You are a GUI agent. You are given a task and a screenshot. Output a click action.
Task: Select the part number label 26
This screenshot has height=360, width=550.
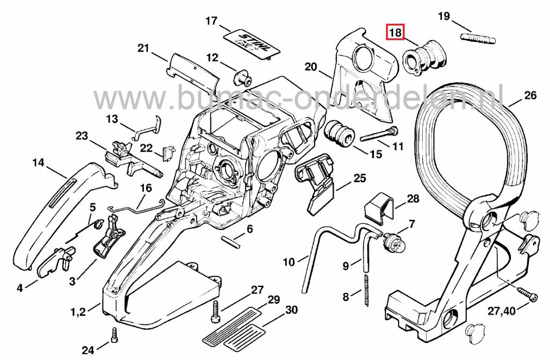point(530,96)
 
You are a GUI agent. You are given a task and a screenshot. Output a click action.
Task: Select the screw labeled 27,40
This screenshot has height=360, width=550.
point(526,294)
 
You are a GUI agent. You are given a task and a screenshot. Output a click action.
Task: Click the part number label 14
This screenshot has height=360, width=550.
point(38,162)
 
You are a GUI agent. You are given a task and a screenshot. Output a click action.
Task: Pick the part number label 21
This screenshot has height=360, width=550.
point(143,49)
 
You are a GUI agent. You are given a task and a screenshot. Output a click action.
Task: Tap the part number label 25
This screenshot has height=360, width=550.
point(359,178)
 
